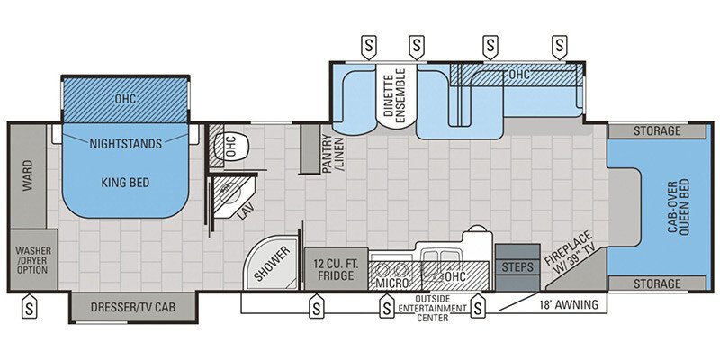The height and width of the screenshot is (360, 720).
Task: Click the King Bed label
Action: (x=125, y=183)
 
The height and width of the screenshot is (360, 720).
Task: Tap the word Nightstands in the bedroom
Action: (x=125, y=143)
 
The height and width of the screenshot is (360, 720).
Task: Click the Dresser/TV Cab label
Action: (x=131, y=308)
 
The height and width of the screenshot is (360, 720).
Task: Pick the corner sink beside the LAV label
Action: (x=229, y=192)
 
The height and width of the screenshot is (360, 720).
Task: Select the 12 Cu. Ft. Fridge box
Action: (x=337, y=268)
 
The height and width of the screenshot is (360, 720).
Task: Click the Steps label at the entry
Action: (x=517, y=267)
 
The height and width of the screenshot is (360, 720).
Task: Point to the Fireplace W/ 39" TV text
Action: (x=572, y=255)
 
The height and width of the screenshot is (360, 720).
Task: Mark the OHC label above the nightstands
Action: (x=125, y=98)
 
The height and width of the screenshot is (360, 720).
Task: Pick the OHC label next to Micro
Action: (x=456, y=276)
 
